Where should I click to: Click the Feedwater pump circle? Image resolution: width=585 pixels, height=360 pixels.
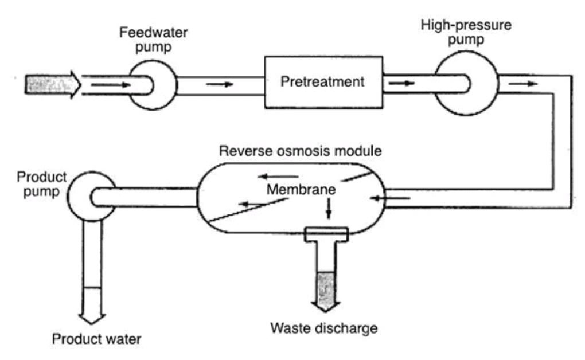pos(151,84)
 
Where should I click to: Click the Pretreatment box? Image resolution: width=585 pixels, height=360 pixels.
pos(322,81)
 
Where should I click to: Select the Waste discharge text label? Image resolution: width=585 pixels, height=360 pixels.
pos(324,328)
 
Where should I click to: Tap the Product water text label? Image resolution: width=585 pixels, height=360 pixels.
pos(96,338)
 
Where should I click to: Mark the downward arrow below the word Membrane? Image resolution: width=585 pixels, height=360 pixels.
pos(329,209)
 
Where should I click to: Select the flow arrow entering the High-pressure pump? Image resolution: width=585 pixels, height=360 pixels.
pos(401,83)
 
